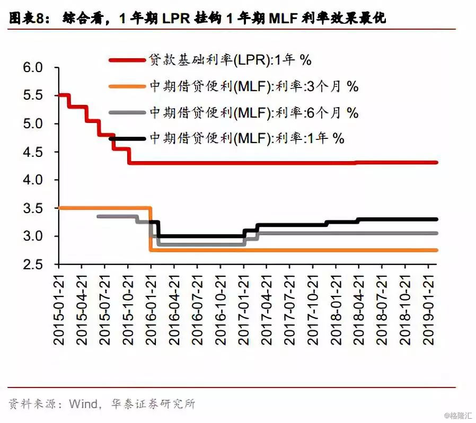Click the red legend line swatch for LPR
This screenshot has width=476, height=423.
point(127,60)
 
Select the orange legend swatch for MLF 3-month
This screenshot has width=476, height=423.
point(127,86)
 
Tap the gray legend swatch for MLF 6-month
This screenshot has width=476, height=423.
point(127,112)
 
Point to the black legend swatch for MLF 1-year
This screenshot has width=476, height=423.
point(127,138)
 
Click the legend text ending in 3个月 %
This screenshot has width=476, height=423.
point(254,86)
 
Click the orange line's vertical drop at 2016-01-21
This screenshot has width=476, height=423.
point(151,229)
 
